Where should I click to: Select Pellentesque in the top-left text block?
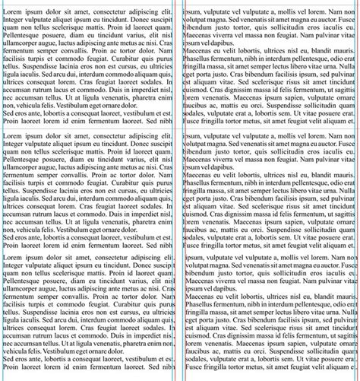tap(23, 36)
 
